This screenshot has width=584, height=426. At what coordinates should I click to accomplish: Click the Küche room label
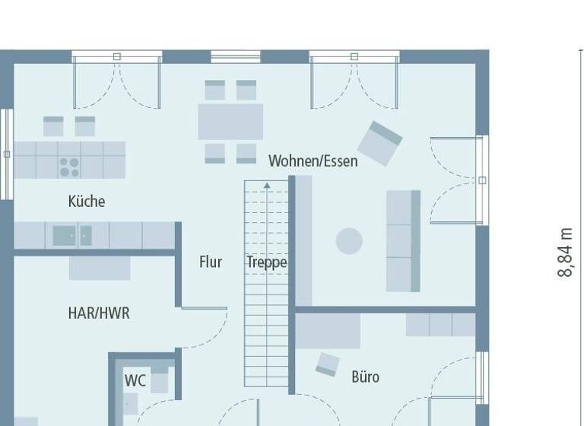pyautogui.click(x=87, y=202)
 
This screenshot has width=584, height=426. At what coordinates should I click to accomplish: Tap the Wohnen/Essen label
pyautogui.click(x=313, y=161)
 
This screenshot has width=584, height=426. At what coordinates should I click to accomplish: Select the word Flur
pyautogui.click(x=211, y=262)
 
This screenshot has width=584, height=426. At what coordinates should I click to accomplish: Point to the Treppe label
pyautogui.click(x=266, y=262)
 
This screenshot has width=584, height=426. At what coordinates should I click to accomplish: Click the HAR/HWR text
pyautogui.click(x=99, y=313)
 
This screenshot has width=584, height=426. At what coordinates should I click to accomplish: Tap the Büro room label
pyautogui.click(x=365, y=377)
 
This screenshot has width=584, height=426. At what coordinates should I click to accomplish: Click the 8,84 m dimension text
pyautogui.click(x=565, y=252)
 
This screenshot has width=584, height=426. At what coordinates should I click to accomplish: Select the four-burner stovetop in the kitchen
pyautogui.click(x=69, y=166)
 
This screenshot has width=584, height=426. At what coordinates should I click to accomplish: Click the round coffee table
pyautogui.click(x=349, y=241)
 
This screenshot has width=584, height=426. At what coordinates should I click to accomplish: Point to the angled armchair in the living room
pyautogui.click(x=379, y=142)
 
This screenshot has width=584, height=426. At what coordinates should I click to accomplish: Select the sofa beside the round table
pyautogui.click(x=403, y=240)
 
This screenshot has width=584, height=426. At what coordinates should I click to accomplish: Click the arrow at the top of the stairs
pyautogui.click(x=267, y=185)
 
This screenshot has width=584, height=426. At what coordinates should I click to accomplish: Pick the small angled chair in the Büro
pyautogui.click(x=328, y=364)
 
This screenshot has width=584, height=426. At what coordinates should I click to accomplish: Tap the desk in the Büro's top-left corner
pyautogui.click(x=328, y=331)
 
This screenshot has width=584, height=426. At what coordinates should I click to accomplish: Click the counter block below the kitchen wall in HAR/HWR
pyautogui.click(x=100, y=268)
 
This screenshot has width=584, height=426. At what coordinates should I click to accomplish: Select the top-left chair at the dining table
pyautogui.click(x=215, y=91)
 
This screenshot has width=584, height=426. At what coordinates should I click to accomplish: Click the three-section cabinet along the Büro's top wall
pyautogui.click(x=440, y=325)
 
